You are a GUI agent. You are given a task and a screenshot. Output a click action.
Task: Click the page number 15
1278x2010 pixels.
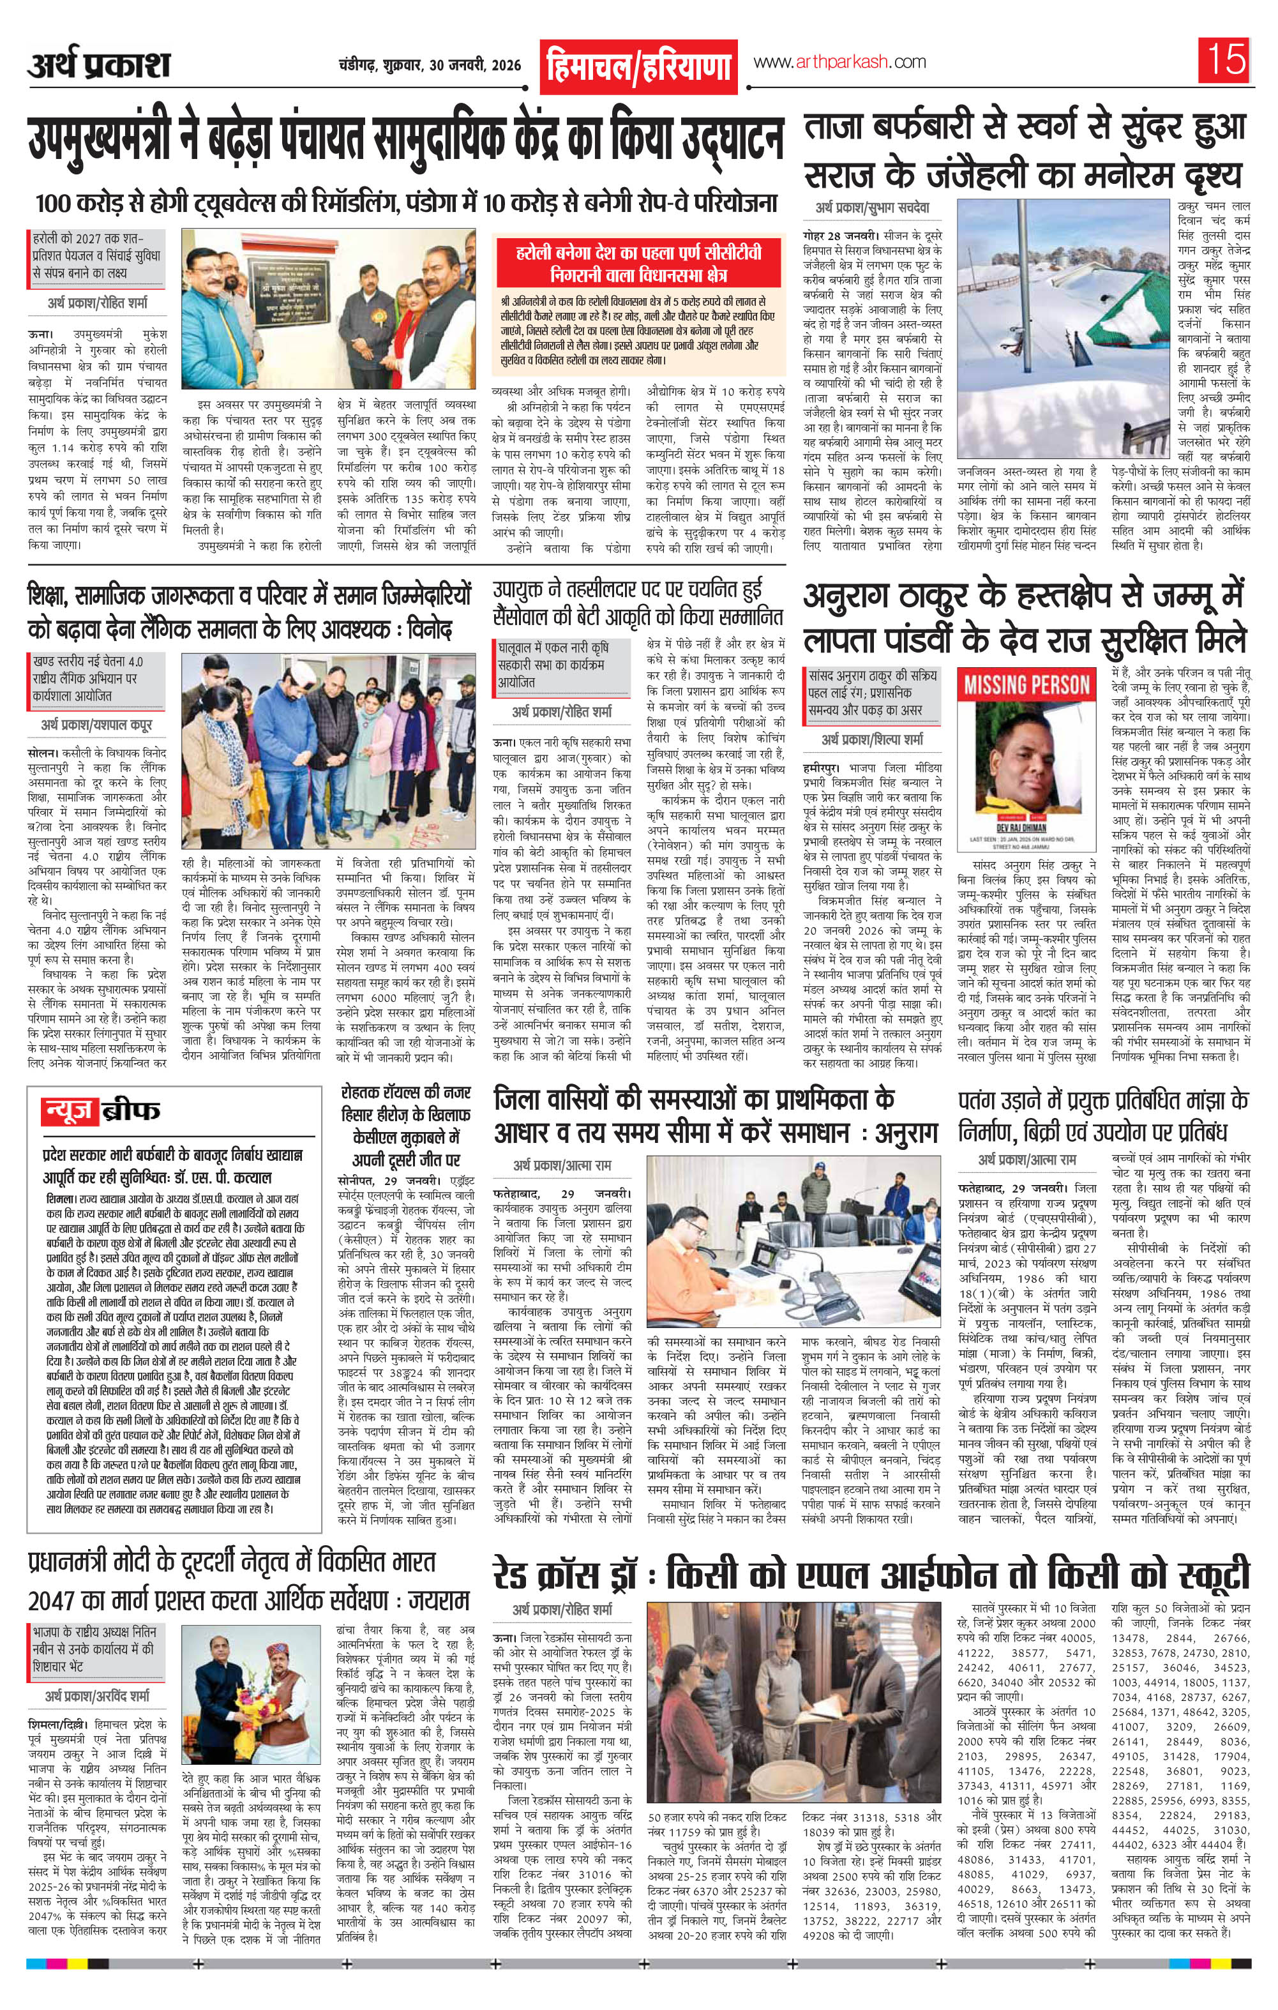coord(1224,61)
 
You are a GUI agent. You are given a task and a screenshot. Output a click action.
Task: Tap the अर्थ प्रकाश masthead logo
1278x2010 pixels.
coord(98,65)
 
